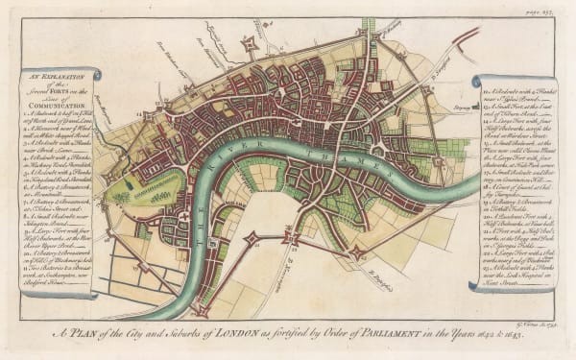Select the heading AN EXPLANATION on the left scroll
click(57, 77)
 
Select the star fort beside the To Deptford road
click(361, 252)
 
